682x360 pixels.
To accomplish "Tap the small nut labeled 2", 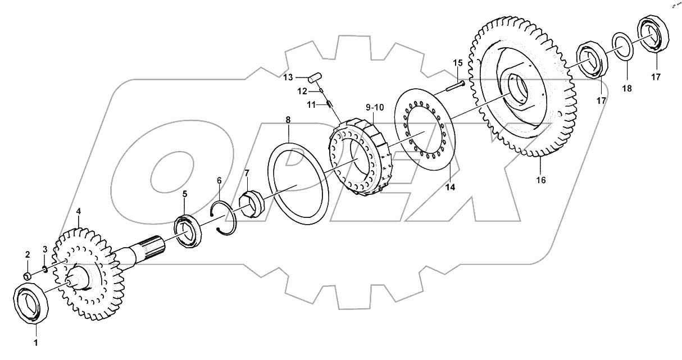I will pos(27,276).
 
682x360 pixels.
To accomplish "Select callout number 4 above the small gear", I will pos(79,211).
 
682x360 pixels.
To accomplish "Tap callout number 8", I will pos(288,120).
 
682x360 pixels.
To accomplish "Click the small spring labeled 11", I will pos(331,103).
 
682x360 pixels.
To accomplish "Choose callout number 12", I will pos(302,90).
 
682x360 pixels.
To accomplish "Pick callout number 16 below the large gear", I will pos(541,180).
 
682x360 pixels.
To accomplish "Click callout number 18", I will pos(627,89).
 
